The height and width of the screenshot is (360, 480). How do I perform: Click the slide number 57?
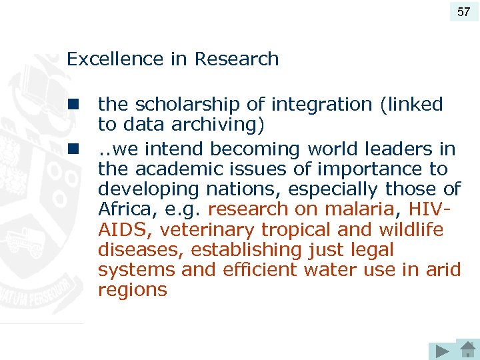click(x=463, y=11)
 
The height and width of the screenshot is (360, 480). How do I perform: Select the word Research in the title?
click(x=237, y=59)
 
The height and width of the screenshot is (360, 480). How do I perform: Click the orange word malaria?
click(x=359, y=209)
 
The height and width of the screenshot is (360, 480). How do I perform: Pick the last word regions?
click(x=132, y=290)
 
